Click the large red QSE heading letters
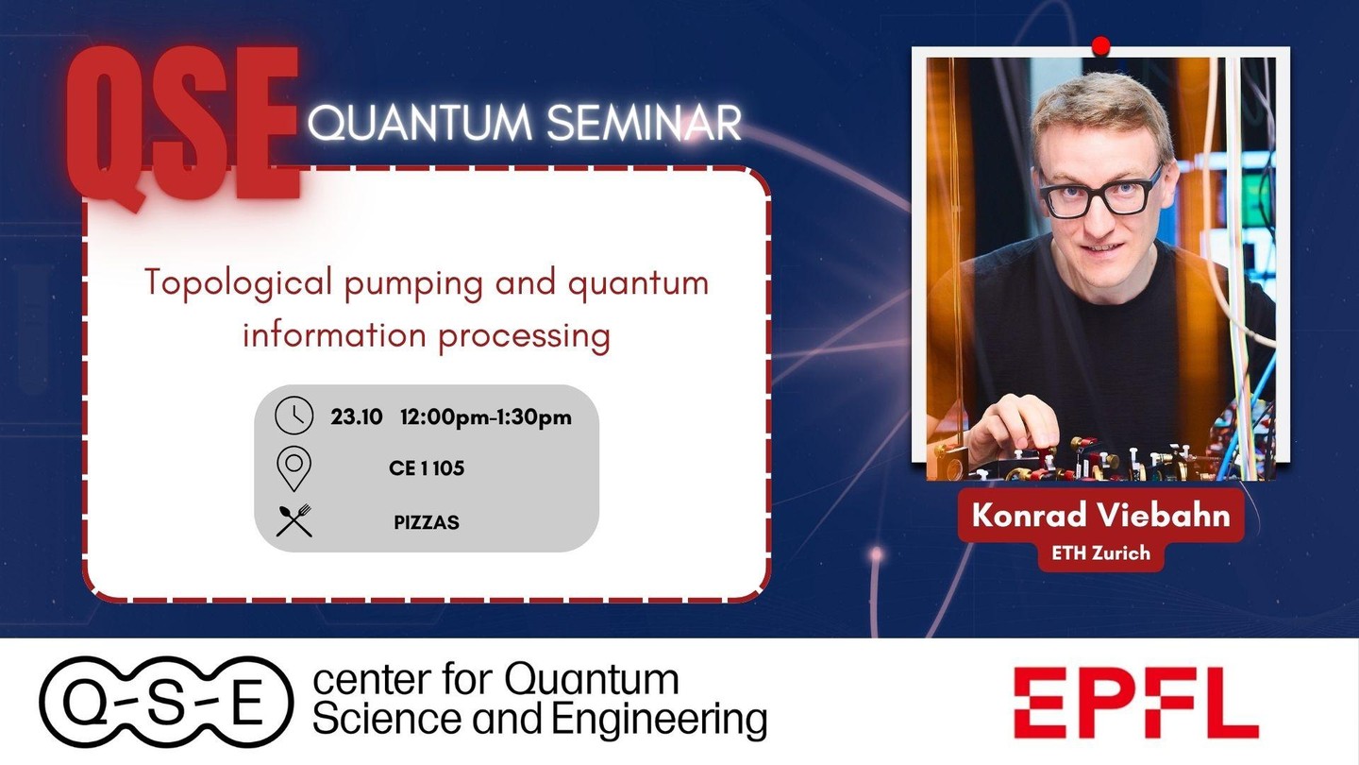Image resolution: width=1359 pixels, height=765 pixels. [x=183, y=127]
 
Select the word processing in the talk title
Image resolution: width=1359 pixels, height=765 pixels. [x=524, y=337]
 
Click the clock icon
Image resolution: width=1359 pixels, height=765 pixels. [x=294, y=416]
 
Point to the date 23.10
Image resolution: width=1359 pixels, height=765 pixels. [x=356, y=417]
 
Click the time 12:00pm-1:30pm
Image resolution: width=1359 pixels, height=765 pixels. [x=486, y=417]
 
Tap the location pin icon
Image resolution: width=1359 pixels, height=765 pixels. [x=294, y=468]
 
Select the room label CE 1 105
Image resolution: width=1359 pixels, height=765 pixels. [x=427, y=468]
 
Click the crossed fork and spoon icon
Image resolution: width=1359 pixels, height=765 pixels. [x=294, y=520]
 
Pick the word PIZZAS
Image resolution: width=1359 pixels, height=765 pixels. [x=427, y=522]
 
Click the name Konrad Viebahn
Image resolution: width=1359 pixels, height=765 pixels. [x=1100, y=515]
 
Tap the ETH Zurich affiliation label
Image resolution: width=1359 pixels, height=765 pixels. [x=1100, y=553]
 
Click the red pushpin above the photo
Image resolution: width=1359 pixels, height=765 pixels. [x=1100, y=46]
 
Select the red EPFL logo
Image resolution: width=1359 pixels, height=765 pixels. [x=1135, y=703]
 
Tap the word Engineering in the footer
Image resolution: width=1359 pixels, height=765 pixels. [x=659, y=720]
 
